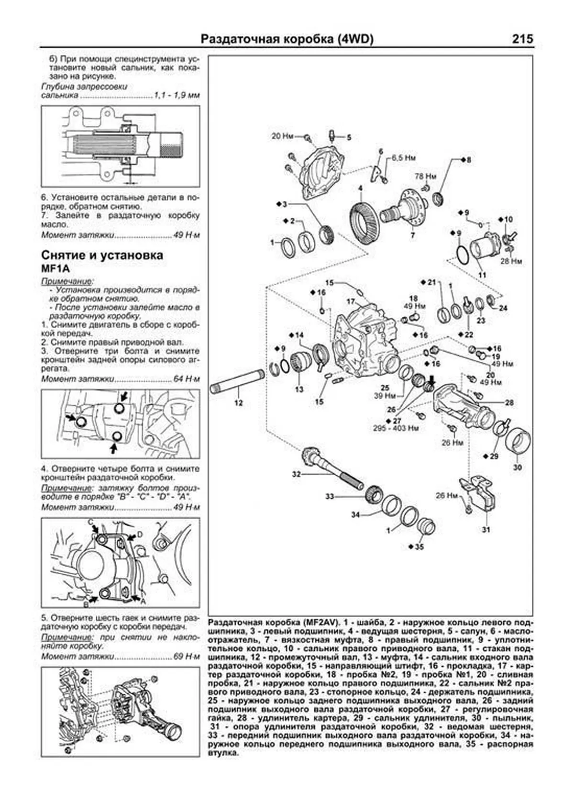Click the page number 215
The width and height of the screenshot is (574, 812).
(x=522, y=39)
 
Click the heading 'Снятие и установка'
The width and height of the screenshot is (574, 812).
(x=102, y=255)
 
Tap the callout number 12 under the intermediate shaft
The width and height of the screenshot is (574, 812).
(x=238, y=403)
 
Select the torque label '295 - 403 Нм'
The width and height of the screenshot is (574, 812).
(x=396, y=428)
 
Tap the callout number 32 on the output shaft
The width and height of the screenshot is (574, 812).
(x=297, y=474)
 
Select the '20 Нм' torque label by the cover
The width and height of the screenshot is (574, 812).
(x=282, y=136)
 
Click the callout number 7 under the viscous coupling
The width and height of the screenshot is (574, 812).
(x=412, y=236)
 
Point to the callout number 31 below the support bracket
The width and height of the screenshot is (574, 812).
(x=486, y=530)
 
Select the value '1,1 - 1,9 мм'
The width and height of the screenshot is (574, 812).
(x=177, y=96)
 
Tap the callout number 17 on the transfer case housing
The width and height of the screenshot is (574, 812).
(x=351, y=302)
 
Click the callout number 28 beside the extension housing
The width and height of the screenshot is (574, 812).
(x=509, y=402)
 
